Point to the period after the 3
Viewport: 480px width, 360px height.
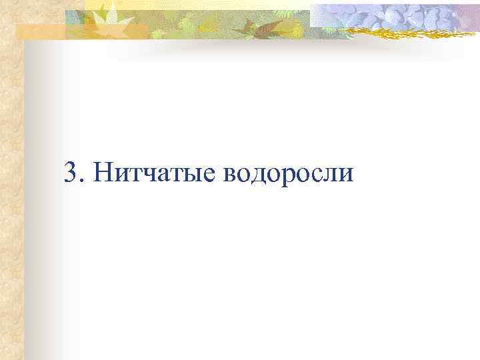coord(81,181)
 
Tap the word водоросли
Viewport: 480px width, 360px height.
coord(288,173)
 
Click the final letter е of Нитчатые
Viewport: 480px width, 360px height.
coord(209,175)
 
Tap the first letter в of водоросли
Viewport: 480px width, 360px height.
coord(231,175)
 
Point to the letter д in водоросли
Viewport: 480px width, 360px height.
coord(260,176)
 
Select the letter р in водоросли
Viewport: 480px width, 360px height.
coord(290,177)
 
